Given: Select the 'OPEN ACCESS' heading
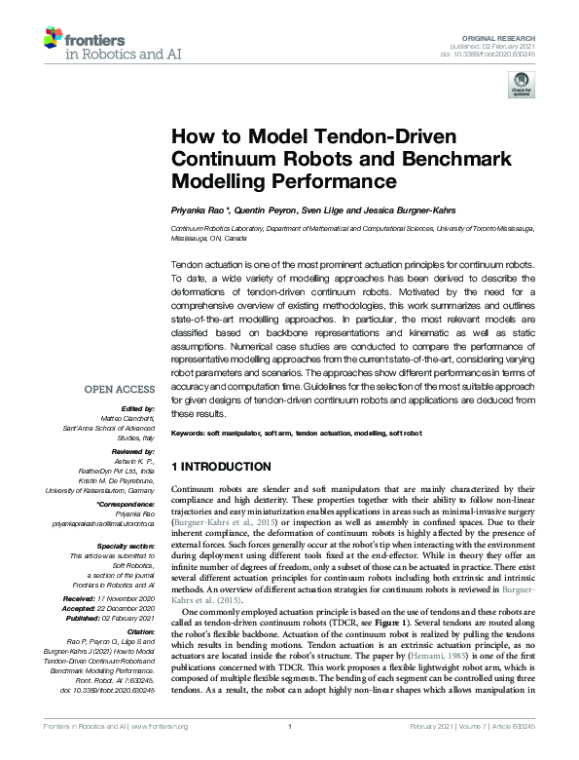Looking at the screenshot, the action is (x=122, y=388).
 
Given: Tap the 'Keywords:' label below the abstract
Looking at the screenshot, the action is (x=189, y=432).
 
